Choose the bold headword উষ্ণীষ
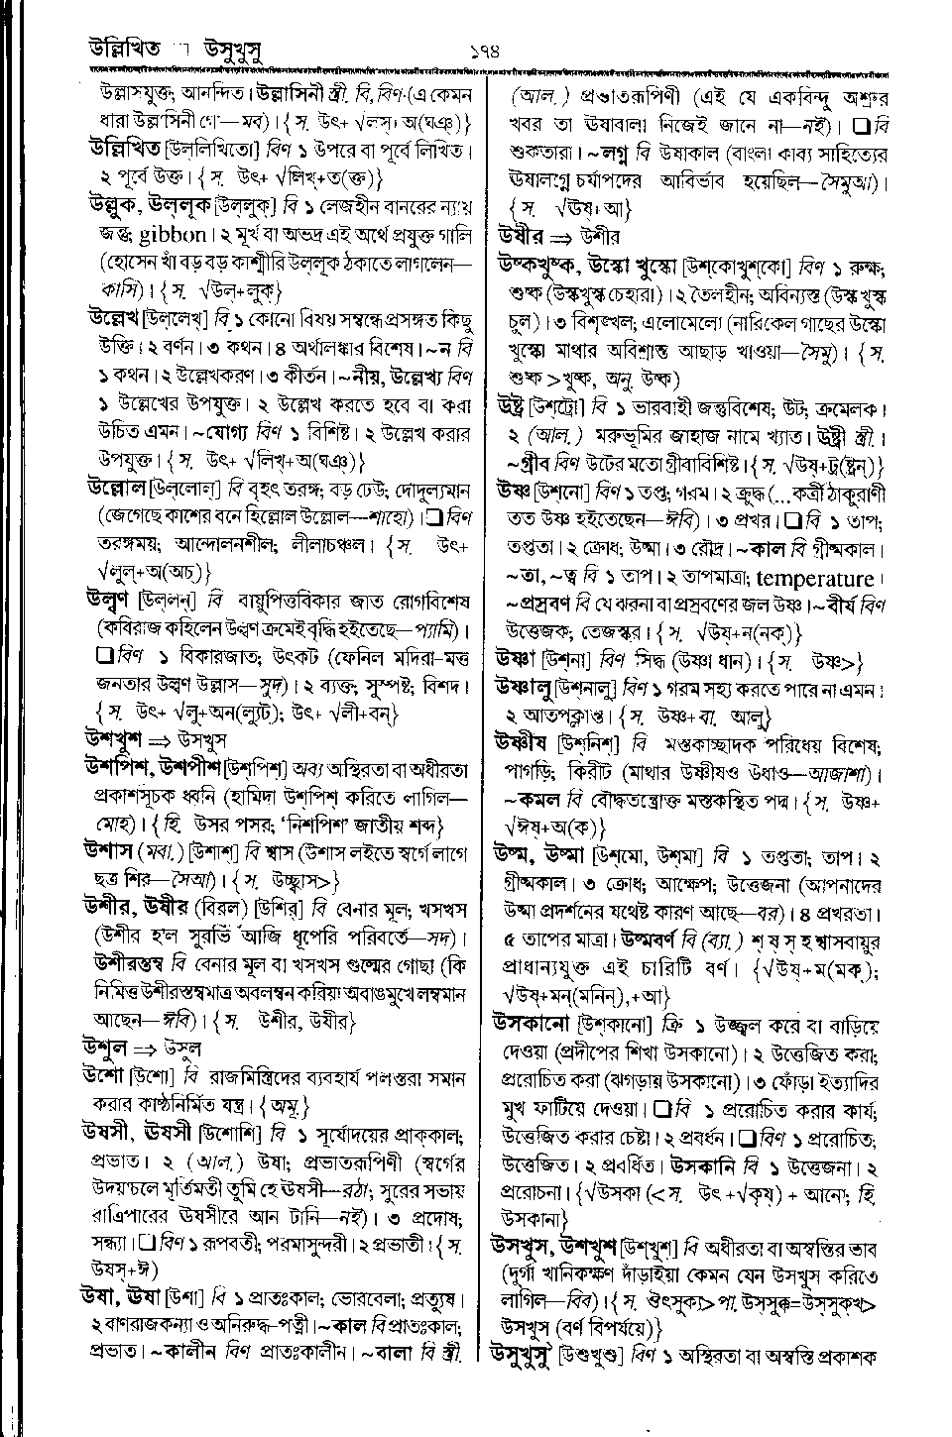point(523,743)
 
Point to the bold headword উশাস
point(110,850)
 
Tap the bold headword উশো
point(104,1076)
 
